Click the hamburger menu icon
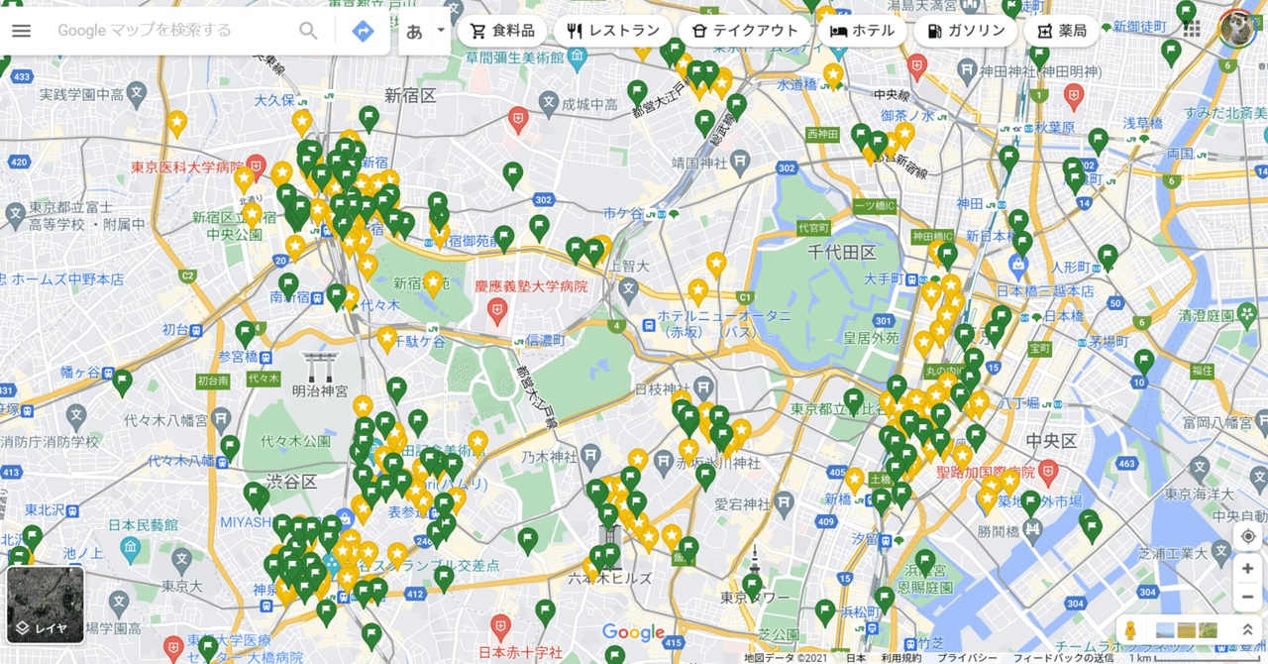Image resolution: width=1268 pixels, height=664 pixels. click(21, 31)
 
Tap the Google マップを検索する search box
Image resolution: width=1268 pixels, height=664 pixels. click(168, 31)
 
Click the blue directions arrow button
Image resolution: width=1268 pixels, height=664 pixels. click(363, 31)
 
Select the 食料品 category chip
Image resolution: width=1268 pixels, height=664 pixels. click(502, 31)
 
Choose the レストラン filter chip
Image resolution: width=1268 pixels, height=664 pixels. click(612, 31)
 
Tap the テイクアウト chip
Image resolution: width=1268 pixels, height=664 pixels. click(744, 31)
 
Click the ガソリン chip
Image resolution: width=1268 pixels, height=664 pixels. click(966, 31)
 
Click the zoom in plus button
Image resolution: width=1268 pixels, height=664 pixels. click(1247, 568)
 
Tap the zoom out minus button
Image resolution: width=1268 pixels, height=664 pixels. click(1247, 597)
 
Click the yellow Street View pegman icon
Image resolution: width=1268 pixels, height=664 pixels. click(1129, 630)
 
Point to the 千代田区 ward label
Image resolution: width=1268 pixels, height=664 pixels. click(842, 253)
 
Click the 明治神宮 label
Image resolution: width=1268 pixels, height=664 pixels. click(320, 391)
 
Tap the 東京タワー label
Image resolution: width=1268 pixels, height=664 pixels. click(755, 598)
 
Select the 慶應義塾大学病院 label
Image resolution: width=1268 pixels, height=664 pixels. click(530, 286)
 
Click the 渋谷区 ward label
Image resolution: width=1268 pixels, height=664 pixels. click(291, 482)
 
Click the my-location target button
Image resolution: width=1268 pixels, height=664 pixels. click(1247, 536)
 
